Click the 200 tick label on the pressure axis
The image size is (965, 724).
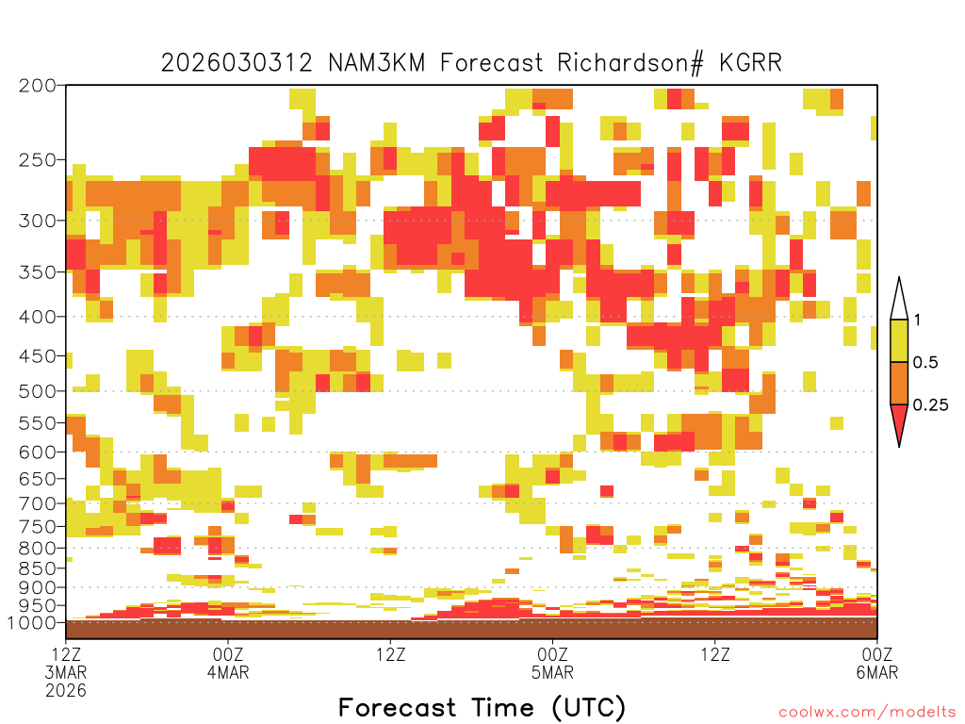click(x=38, y=86)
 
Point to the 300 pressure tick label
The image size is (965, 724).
click(x=38, y=221)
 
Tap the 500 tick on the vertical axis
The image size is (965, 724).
click(x=38, y=391)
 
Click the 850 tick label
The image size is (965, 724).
click(x=38, y=568)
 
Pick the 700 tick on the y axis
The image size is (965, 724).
click(x=38, y=503)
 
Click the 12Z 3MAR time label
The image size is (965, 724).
click(x=66, y=663)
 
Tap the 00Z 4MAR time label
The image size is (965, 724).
click(x=228, y=663)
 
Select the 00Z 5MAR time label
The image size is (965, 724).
click(x=552, y=663)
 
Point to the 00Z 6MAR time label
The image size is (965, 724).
click(x=877, y=663)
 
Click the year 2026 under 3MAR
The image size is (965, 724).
click(x=66, y=690)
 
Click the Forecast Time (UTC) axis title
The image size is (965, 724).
click(x=482, y=707)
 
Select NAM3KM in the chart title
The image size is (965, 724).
click(x=377, y=63)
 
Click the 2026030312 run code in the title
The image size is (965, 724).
click(x=237, y=63)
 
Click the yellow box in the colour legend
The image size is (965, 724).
click(x=899, y=340)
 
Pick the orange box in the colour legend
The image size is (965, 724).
click(x=899, y=383)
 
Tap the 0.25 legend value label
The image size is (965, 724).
click(x=930, y=405)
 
